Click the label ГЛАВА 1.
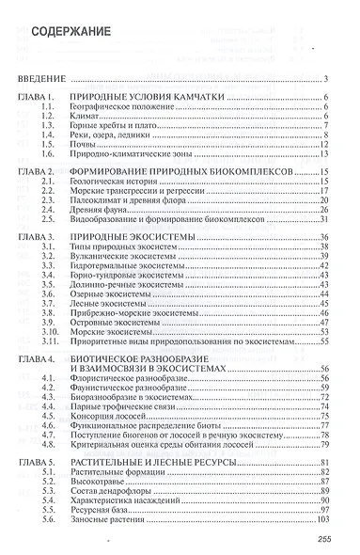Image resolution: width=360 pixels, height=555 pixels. tap(43, 99)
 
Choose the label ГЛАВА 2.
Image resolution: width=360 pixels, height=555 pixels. tap(43, 173)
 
